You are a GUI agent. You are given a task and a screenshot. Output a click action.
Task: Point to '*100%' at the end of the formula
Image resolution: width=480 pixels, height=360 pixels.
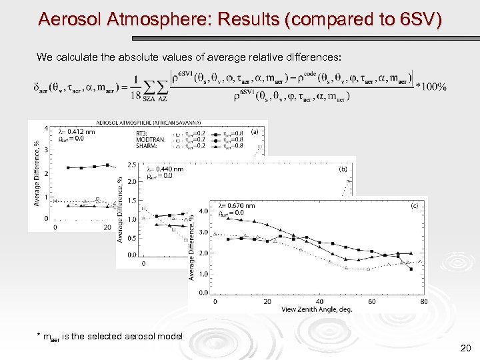pyautogui.click(x=431, y=87)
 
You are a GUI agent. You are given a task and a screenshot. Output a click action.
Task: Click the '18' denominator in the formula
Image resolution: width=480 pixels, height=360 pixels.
pyautogui.click(x=137, y=96)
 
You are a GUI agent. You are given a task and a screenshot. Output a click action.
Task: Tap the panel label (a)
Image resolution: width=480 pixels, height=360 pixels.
pyautogui.click(x=254, y=132)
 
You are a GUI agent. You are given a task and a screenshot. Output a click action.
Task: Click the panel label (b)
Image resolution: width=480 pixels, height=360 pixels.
pyautogui.click(x=343, y=169)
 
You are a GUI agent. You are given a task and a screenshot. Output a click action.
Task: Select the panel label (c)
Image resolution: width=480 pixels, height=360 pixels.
pyautogui.click(x=414, y=206)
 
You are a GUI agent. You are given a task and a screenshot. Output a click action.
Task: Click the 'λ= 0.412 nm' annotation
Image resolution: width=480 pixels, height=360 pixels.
pyautogui.click(x=77, y=132)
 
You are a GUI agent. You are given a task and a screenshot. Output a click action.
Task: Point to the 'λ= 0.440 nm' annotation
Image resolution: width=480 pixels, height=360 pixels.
pyautogui.click(x=165, y=169)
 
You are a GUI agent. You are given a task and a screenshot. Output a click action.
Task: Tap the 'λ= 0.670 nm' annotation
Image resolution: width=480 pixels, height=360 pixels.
pyautogui.click(x=237, y=206)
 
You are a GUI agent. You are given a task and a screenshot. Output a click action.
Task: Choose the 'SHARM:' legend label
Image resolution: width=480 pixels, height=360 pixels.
pyautogui.click(x=147, y=145)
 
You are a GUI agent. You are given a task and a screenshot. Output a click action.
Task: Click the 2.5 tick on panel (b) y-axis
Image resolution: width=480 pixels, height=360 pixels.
pyautogui.click(x=131, y=164)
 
